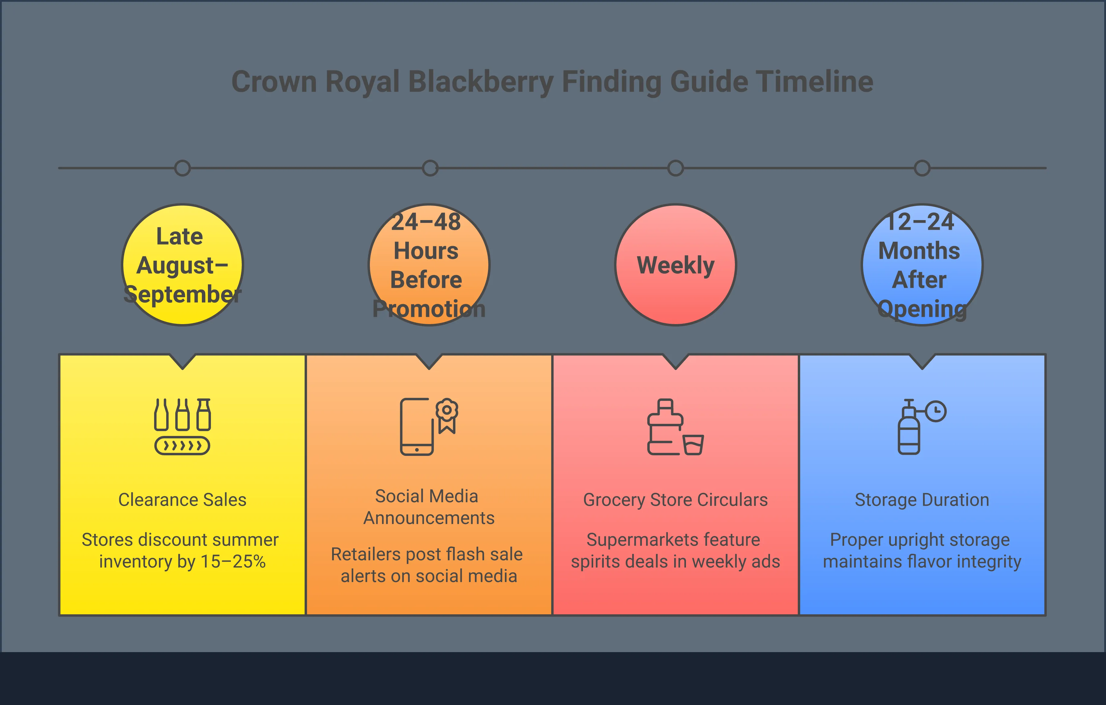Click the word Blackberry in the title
tap(480, 82)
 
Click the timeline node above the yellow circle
tap(182, 168)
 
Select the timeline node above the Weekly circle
tap(675, 168)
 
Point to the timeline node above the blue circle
tap(922, 168)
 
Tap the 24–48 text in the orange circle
tap(426, 222)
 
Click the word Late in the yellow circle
tap(179, 237)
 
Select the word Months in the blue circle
tap(919, 251)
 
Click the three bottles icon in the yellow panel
tap(182, 414)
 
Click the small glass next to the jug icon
tap(693, 444)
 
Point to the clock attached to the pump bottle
tap(936, 411)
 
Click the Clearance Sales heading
tap(182, 499)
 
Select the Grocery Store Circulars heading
tap(675, 499)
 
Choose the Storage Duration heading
tap(922, 499)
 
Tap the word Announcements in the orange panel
tap(429, 518)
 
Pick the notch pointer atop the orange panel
tap(429, 362)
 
